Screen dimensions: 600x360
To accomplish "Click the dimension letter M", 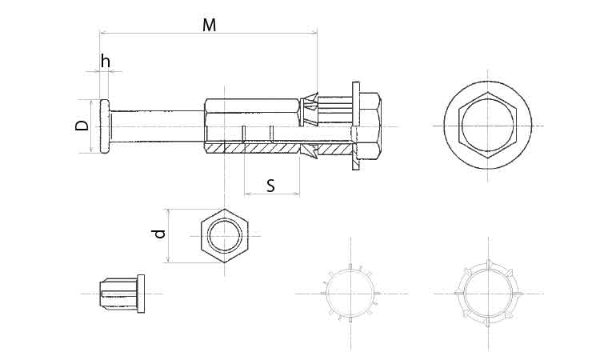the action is pyautogui.click(x=210, y=26).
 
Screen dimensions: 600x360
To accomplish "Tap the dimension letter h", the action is pyautogui.click(x=106, y=62).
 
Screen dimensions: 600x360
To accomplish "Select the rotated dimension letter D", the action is pyautogui.click(x=82, y=125).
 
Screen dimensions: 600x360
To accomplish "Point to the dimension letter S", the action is pyautogui.click(x=271, y=186).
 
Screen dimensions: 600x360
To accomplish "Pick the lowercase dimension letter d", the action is pyautogui.click(x=159, y=234).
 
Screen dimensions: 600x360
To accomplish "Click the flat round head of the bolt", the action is pyautogui.click(x=105, y=126).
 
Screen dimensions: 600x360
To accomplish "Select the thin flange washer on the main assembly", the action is pyautogui.click(x=356, y=126).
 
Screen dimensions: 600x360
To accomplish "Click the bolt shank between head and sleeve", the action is pyautogui.click(x=157, y=126).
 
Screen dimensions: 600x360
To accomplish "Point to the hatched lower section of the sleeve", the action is pyautogui.click(x=253, y=148).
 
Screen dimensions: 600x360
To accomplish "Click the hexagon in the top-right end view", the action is pyautogui.click(x=488, y=125).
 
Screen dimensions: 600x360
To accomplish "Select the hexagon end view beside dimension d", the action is pyautogui.click(x=225, y=236).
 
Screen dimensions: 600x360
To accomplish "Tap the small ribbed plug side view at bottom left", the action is pyautogui.click(x=122, y=294).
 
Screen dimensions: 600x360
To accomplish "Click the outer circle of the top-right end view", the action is pyautogui.click(x=488, y=82).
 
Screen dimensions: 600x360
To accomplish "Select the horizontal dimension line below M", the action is pyautogui.click(x=209, y=34).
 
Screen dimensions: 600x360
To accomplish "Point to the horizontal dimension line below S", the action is pyautogui.click(x=272, y=194).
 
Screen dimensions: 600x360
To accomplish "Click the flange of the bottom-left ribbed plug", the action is pyautogui.click(x=141, y=294).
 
